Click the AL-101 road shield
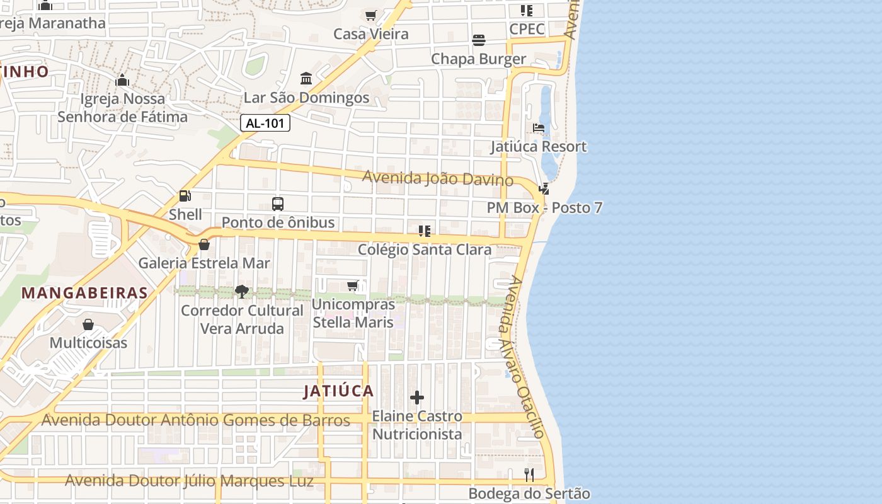pos(265,123)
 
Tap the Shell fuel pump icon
pos(185,196)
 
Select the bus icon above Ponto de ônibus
pos(278,203)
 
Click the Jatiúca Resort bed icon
pos(539,128)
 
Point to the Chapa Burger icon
pos(478,40)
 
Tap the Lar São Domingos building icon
pos(306,79)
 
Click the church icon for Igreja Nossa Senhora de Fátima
pos(122,80)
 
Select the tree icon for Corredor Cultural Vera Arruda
pos(241,291)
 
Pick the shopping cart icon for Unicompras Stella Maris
pos(353,285)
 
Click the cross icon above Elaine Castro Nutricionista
pos(416,398)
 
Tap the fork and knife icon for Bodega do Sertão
pos(529,474)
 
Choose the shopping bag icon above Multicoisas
pos(88,324)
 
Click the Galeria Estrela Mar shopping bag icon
pos(203,244)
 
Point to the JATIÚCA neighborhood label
pos(338,391)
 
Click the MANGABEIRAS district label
pos(84,293)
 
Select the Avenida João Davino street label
pos(437,178)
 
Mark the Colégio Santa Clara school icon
pos(425,231)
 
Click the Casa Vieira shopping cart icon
pos(370,15)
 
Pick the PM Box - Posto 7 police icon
pos(544,188)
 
